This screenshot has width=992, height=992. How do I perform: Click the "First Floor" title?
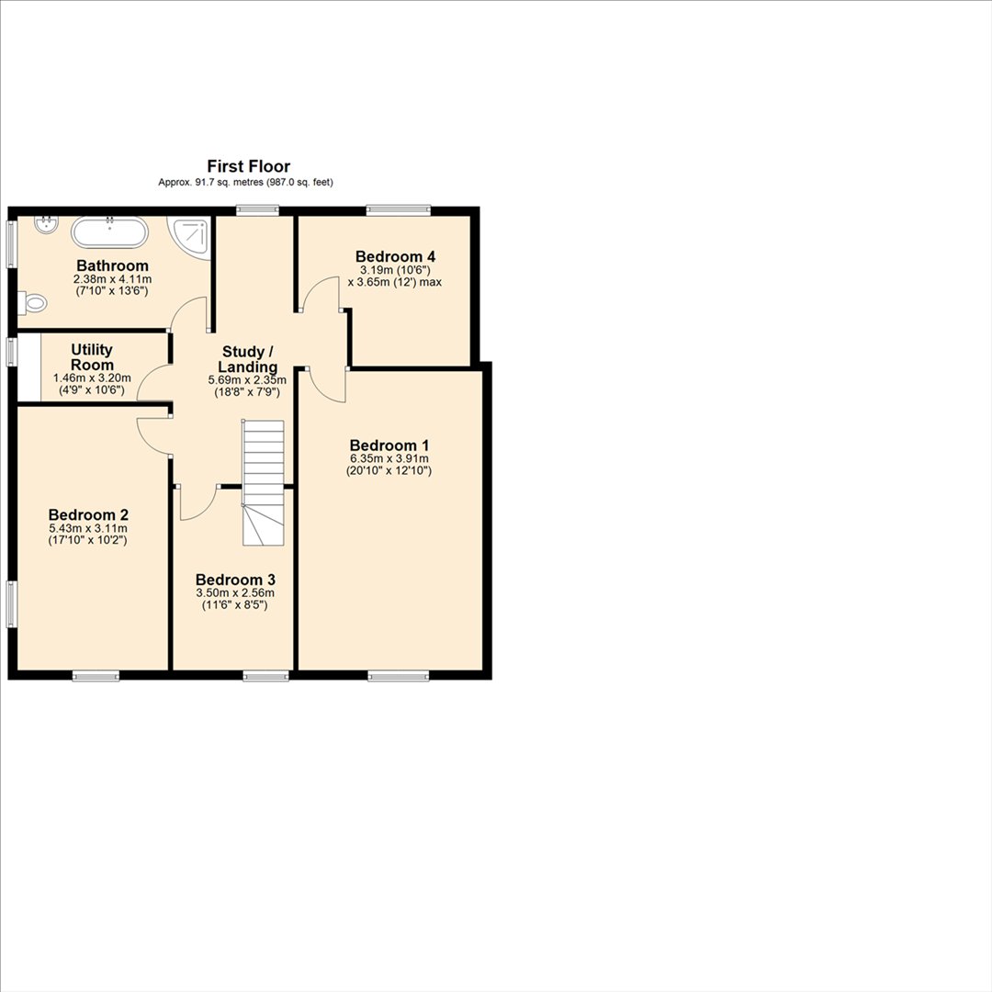click(249, 166)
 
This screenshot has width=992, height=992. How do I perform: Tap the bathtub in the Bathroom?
click(109, 232)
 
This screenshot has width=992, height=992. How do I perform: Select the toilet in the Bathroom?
click(33, 303)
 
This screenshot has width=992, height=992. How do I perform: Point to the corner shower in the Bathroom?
click(188, 238)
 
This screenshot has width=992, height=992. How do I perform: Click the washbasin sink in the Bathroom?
click(46, 224)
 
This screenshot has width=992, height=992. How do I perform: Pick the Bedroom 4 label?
click(395, 256)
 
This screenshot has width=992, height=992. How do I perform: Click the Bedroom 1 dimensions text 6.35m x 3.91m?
click(389, 458)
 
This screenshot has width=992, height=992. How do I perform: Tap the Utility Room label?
click(92, 357)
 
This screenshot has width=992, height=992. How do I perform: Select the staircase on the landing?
click(264, 482)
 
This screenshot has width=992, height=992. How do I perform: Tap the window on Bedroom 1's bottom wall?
click(399, 676)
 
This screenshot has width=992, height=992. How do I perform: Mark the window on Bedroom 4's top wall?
click(399, 210)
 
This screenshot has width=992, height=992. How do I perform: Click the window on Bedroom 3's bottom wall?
click(265, 676)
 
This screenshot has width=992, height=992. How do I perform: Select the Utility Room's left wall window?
click(11, 352)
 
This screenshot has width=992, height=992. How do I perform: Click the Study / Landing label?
click(247, 359)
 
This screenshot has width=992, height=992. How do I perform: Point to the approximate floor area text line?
click(245, 182)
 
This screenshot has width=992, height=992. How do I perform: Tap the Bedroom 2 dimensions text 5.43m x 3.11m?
click(88, 528)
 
